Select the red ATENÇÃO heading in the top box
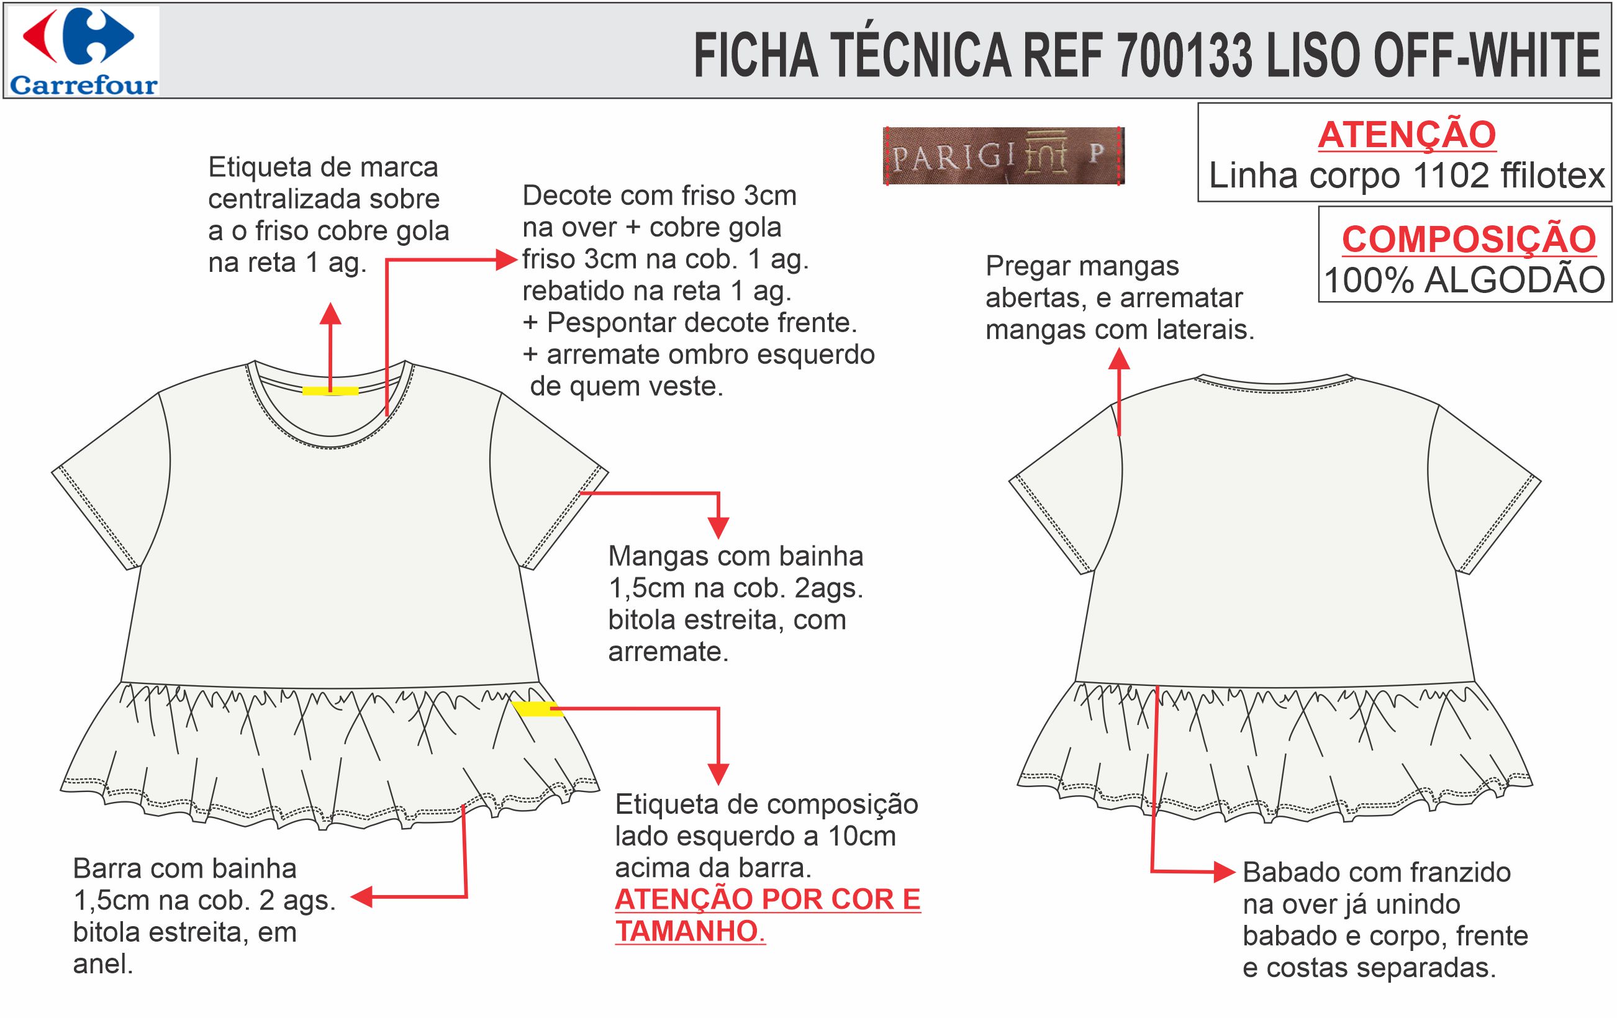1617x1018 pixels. (x=1406, y=135)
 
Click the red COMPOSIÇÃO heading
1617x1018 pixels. (x=1469, y=240)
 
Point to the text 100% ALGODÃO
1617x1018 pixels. (x=1464, y=281)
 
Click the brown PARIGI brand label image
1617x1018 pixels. (x=1003, y=156)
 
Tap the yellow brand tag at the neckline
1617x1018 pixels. (x=330, y=390)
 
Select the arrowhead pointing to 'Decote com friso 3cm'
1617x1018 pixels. (x=506, y=259)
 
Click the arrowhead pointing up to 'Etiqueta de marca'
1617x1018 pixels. (x=330, y=313)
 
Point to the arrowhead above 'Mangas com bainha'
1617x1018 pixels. (x=718, y=528)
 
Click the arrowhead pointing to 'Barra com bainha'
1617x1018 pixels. (x=362, y=896)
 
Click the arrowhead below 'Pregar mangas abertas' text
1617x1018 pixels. (x=1119, y=361)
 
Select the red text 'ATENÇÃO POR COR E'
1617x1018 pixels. (x=768, y=900)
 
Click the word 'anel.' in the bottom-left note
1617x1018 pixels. (x=102, y=963)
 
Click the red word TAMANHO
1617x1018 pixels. (x=687, y=932)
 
